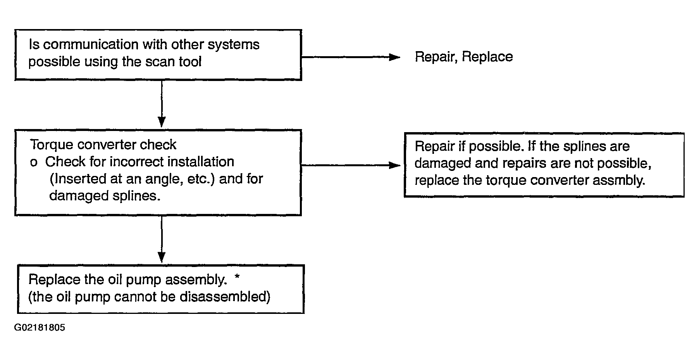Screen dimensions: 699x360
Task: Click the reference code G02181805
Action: (x=40, y=328)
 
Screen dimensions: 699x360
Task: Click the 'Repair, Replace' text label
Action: (x=464, y=57)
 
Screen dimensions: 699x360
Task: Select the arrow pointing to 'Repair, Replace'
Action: (x=351, y=57)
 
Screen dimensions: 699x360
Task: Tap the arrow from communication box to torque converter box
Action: (x=162, y=103)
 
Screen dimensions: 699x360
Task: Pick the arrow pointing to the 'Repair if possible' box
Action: (x=351, y=165)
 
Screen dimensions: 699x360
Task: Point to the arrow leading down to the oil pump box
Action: (x=162, y=239)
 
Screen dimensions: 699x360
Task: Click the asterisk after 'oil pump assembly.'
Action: (x=238, y=277)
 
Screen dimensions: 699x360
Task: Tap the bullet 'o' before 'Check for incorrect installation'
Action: (x=34, y=163)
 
